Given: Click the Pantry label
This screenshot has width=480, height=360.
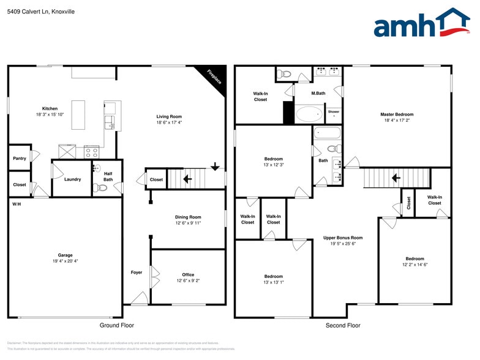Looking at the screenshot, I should [x=20, y=159].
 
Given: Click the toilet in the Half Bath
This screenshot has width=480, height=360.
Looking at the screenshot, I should [x=101, y=188].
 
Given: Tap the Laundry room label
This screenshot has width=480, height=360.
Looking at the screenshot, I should [x=72, y=179].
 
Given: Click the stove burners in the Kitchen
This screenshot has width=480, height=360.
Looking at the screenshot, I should [x=91, y=151].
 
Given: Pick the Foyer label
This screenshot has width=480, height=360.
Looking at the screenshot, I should [x=136, y=272].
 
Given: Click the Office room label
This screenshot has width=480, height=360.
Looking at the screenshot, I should [x=188, y=275].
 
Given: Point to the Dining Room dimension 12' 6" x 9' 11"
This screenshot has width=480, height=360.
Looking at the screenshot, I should [x=188, y=223].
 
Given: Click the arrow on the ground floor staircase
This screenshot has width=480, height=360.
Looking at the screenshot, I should [x=187, y=179].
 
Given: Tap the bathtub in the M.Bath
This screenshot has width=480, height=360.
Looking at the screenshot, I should [x=309, y=114].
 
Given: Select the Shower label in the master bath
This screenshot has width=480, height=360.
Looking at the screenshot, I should [x=334, y=112].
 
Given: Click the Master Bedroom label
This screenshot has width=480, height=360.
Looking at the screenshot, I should [x=397, y=114].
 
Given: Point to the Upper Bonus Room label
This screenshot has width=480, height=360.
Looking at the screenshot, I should [x=343, y=238].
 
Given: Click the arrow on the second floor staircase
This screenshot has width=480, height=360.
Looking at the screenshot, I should [x=396, y=179].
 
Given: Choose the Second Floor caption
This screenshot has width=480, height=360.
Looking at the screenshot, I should [x=343, y=326].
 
